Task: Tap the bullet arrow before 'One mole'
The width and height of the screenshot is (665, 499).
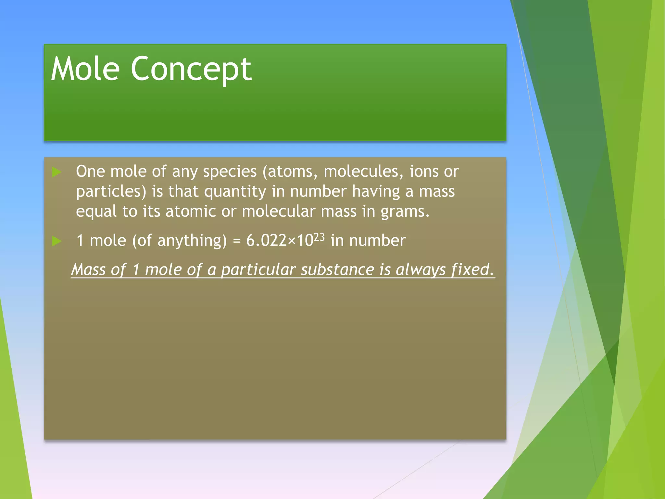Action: coord(56,172)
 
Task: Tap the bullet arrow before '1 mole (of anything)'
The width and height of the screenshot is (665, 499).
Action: coord(56,241)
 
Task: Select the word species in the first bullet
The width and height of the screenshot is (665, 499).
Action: coord(230,172)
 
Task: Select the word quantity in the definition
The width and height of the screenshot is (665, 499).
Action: coord(235,192)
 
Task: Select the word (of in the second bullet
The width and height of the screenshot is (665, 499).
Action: coord(142,241)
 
